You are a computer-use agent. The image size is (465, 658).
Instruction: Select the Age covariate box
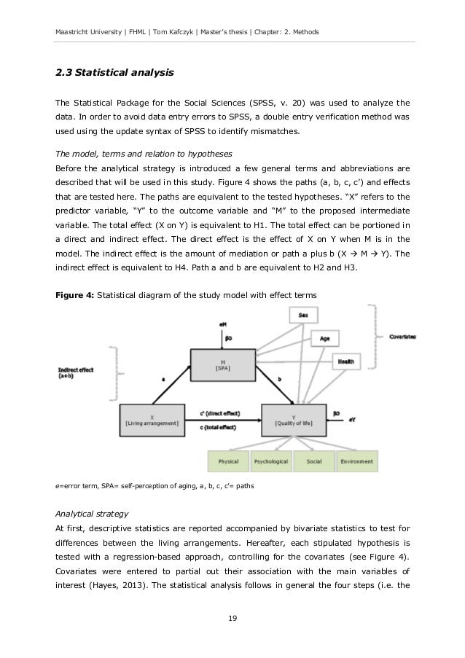(x=326, y=339)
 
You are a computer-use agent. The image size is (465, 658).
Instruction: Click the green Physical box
(x=227, y=461)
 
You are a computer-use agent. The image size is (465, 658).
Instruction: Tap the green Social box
(x=315, y=461)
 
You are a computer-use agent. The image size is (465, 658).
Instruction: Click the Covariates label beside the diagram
(x=402, y=337)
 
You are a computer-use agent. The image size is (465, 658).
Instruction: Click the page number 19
(x=232, y=621)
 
